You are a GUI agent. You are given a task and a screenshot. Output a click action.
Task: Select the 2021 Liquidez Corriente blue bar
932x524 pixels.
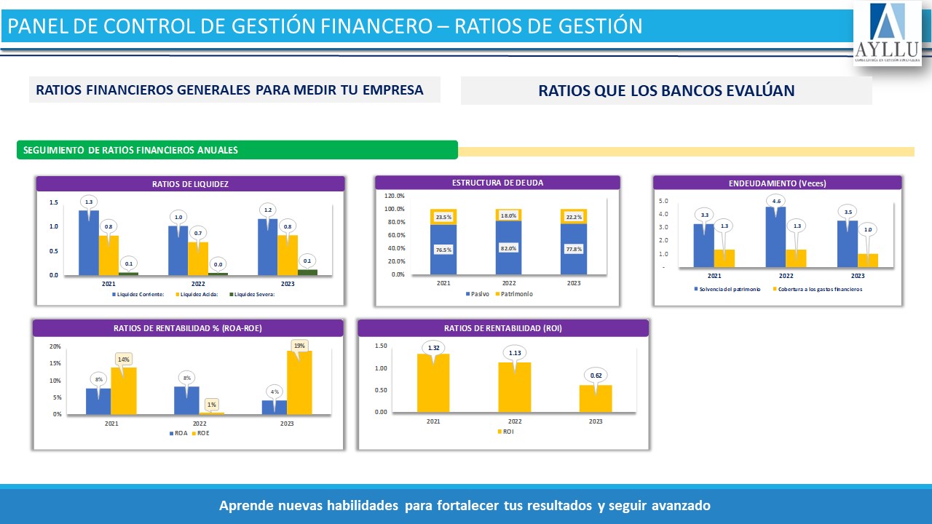click(x=89, y=244)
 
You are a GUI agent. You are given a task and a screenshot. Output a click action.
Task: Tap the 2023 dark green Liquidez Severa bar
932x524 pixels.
click(x=307, y=272)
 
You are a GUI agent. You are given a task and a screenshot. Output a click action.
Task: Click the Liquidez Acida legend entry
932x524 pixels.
click(x=198, y=294)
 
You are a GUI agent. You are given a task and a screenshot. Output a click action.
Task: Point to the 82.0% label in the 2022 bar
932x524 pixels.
click(x=509, y=249)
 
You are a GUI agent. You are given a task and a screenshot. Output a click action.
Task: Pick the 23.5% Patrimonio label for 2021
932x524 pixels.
click(x=443, y=217)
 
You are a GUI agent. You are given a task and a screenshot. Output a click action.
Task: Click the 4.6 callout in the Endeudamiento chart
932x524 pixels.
click(x=776, y=201)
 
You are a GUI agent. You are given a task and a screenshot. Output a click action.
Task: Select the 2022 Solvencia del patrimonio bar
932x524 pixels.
click(x=775, y=237)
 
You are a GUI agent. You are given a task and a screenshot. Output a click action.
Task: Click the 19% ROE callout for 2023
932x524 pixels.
click(x=299, y=345)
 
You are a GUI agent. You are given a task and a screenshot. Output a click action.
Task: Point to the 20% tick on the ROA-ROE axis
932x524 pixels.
click(x=55, y=346)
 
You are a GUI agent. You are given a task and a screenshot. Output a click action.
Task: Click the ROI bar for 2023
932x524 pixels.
click(x=595, y=398)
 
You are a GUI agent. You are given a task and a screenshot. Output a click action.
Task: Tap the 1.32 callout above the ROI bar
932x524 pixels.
click(x=434, y=348)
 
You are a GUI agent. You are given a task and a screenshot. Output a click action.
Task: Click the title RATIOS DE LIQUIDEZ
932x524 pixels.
click(x=190, y=184)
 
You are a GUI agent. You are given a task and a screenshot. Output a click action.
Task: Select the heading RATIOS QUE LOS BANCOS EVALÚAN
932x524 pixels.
click(x=666, y=91)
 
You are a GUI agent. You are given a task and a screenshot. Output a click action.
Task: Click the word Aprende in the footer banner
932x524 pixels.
click(x=246, y=505)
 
